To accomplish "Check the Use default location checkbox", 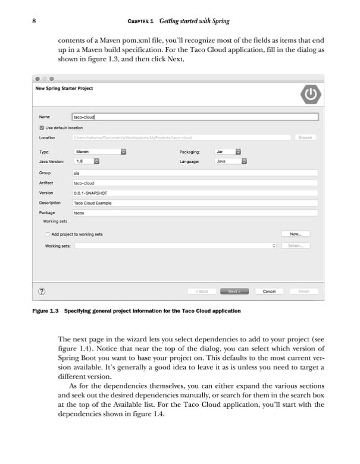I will pos(42,127).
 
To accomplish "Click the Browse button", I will pos(305,137).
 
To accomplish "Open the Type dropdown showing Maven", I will pos(99,152).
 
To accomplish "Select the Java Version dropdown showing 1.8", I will pos(86,161).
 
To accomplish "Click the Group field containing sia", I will pos(195,173).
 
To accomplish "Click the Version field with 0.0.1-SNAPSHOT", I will pos(195,193).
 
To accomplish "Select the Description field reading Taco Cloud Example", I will pos(195,203).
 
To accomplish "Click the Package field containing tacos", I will pos(195,212).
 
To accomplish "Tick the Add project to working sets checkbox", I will pos(48,234).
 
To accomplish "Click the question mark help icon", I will pos(42,291).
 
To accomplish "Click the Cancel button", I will pos(269,291).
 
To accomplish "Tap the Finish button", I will pos(303,291).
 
